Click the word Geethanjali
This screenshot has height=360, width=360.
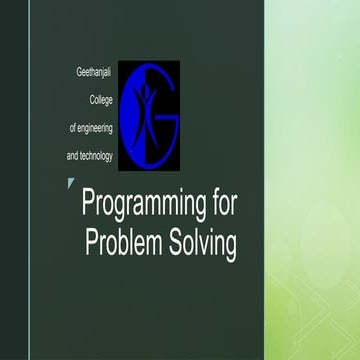(x=95, y=74)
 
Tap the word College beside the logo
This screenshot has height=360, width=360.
(x=103, y=101)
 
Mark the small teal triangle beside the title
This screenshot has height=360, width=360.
(x=70, y=182)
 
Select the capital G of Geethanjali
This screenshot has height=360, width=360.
(x=79, y=74)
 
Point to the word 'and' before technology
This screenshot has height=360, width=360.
(x=73, y=156)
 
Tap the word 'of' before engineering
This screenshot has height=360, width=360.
(x=72, y=129)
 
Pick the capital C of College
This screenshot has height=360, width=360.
(x=93, y=101)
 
